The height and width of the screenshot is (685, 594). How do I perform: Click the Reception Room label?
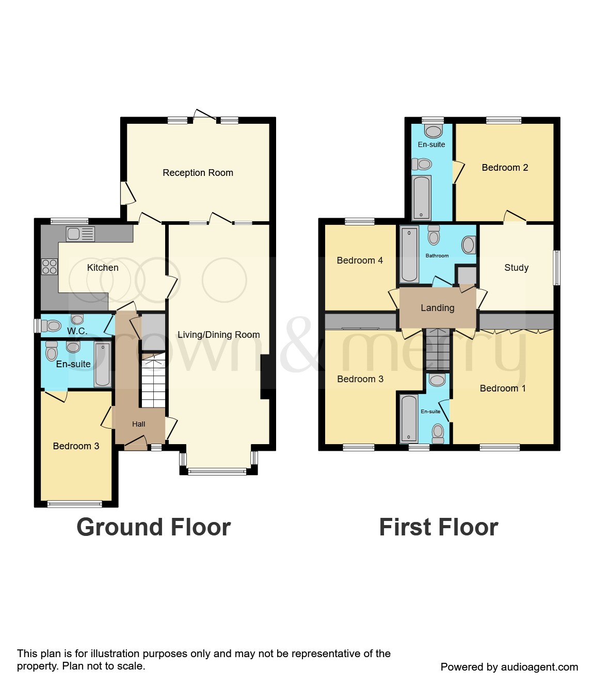(x=198, y=173)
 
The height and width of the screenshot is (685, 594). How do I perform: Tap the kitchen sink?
(x=80, y=234)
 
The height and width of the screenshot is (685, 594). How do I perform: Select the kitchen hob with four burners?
(x=50, y=267)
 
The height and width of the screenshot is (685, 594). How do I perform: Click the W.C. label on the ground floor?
(x=77, y=331)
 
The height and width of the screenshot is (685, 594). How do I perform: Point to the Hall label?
(x=138, y=424)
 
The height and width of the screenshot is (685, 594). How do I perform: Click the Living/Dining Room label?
(x=218, y=335)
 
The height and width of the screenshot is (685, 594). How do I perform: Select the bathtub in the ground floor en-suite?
(x=102, y=364)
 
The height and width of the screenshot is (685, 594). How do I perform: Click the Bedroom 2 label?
(x=504, y=168)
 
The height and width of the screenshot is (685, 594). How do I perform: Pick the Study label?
(x=516, y=268)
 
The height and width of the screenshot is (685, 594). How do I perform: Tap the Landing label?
(x=437, y=308)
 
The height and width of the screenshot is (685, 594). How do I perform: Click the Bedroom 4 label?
(x=360, y=260)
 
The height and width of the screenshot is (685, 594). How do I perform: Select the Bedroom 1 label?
(x=503, y=388)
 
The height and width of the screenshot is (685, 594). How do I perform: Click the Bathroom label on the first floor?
(x=437, y=256)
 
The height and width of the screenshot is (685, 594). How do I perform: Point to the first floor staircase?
(x=438, y=349)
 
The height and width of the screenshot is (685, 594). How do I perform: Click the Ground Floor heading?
(x=153, y=527)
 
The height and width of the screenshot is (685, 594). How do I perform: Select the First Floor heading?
(x=438, y=527)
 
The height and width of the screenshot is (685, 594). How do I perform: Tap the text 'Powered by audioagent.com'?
(x=509, y=667)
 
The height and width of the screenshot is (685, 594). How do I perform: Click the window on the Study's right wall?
(x=556, y=267)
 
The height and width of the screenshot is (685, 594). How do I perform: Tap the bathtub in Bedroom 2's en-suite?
(x=422, y=198)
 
